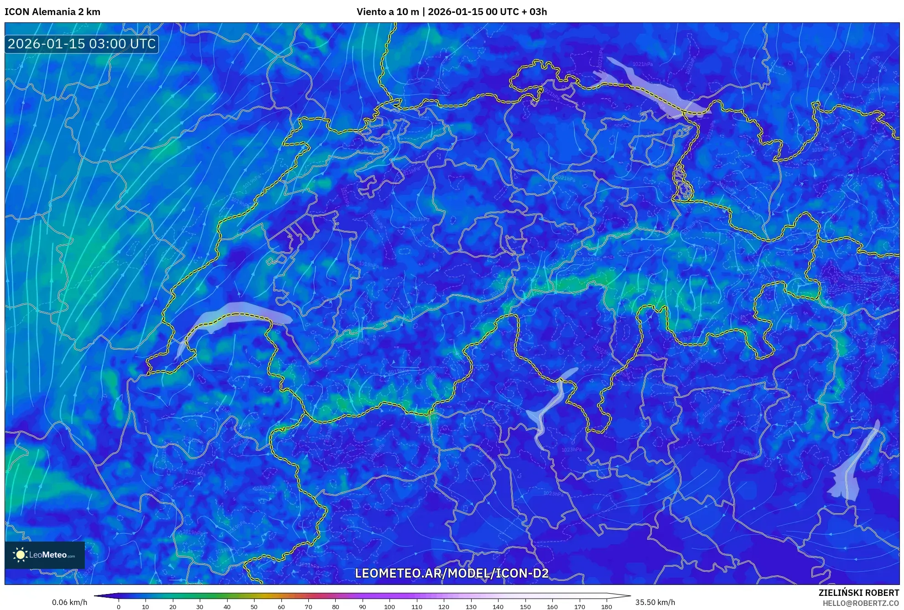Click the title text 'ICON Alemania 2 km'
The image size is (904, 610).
52,12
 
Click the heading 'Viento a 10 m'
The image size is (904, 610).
387,12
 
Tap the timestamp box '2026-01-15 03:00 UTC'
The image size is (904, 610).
82,44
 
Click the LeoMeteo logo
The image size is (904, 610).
45,555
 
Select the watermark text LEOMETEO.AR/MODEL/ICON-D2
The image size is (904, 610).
452,574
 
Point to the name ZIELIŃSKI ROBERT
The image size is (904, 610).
858,593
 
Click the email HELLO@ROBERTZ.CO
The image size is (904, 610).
861,603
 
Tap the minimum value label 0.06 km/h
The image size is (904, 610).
69,602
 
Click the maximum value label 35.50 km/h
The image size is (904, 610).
655,602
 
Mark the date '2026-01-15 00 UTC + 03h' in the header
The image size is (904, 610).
487,12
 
